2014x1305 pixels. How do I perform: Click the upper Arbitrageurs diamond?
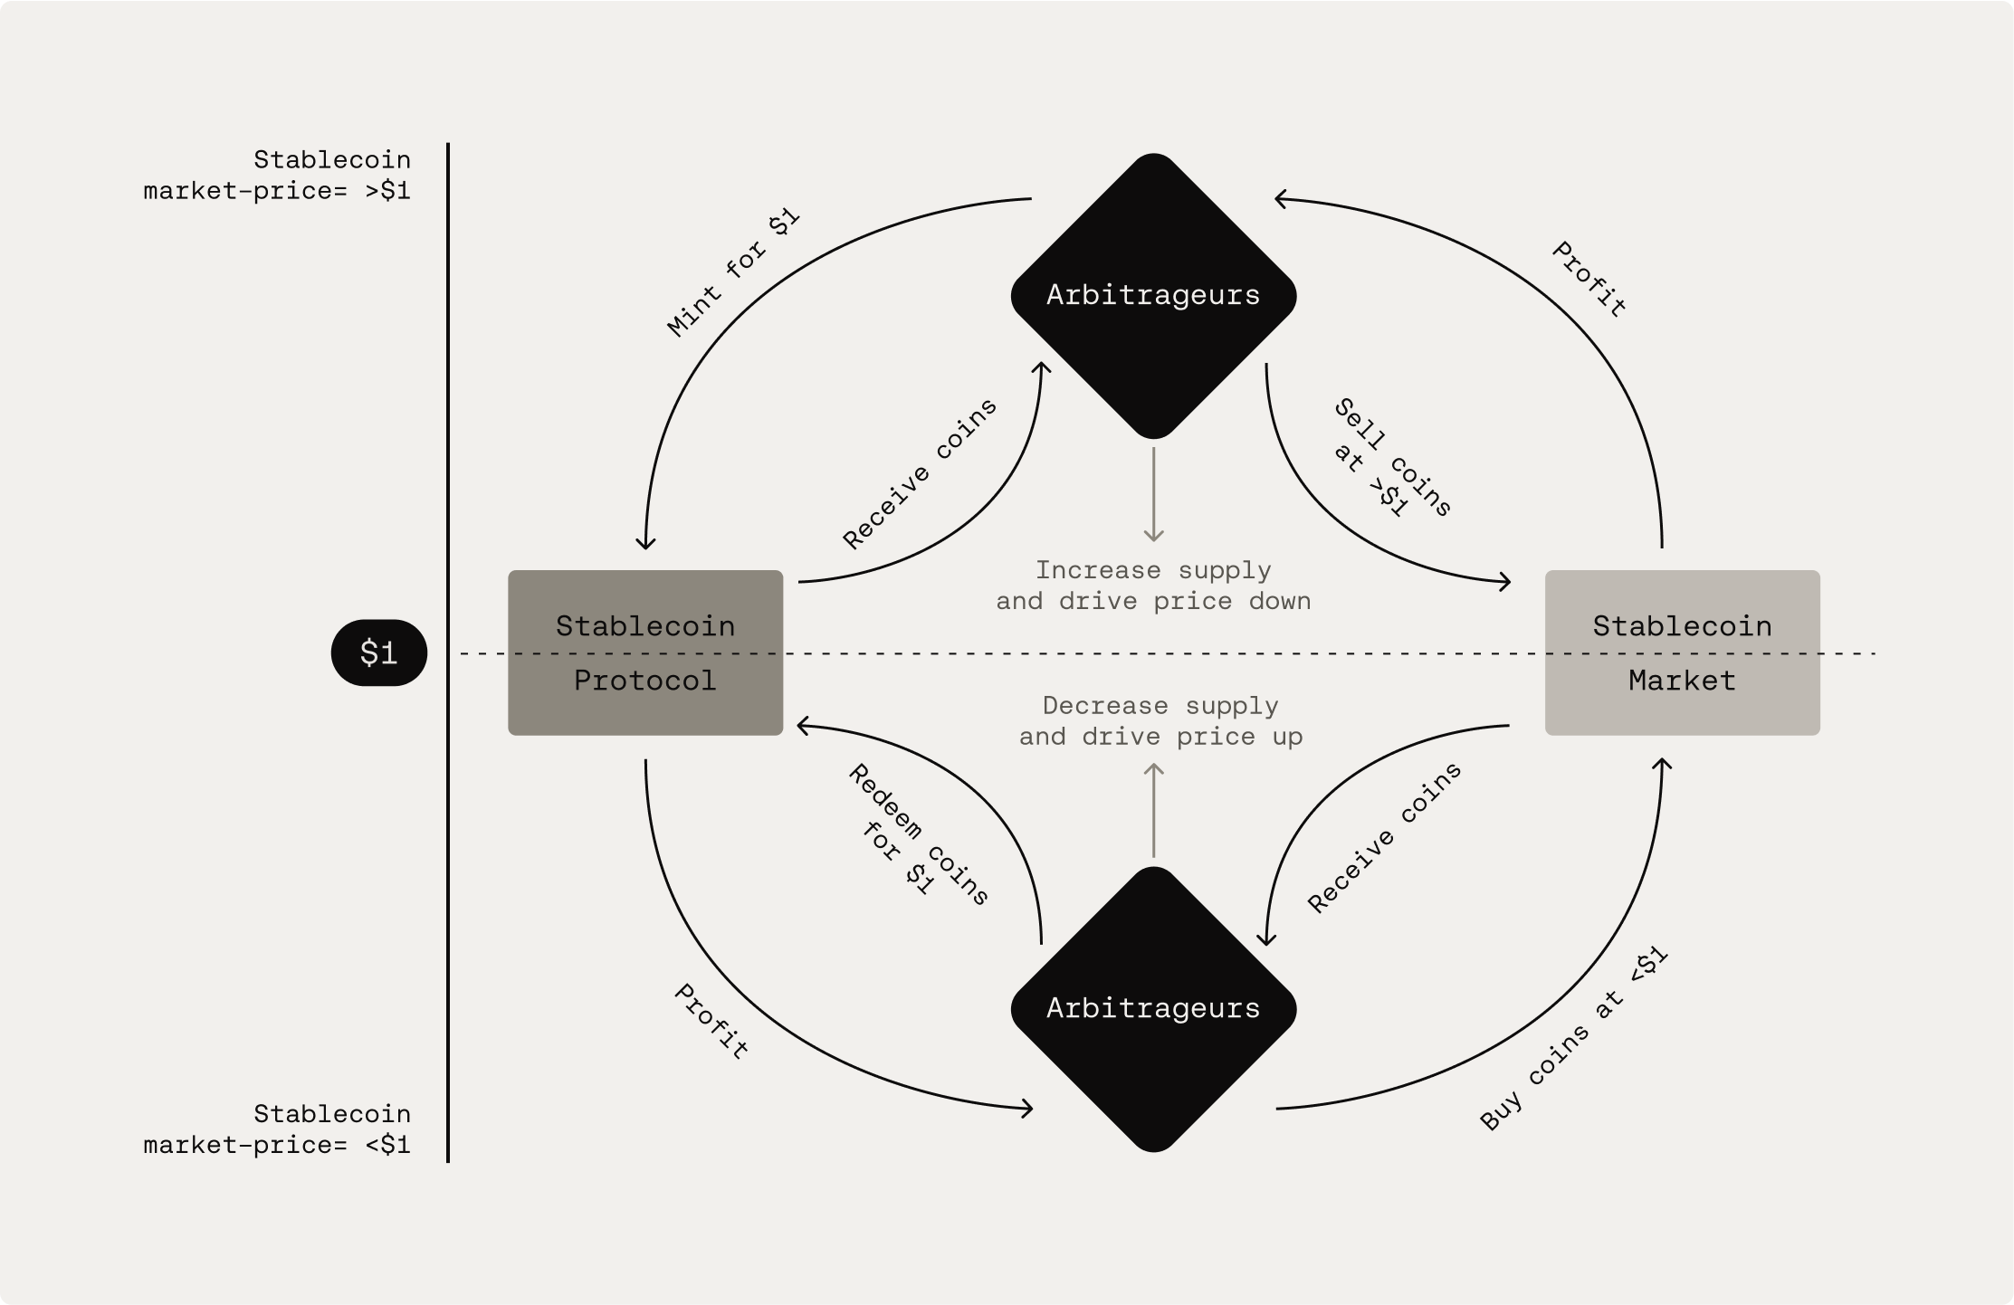(x=1153, y=296)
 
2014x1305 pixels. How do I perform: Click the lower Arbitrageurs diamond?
(x=1153, y=1009)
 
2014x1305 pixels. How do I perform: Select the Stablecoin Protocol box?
(x=645, y=652)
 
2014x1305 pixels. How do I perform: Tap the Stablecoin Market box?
(x=1682, y=652)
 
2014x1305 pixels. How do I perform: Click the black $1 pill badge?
(x=378, y=652)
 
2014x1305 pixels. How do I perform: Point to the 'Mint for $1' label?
(x=733, y=272)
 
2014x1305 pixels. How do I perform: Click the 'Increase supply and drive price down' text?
(x=1153, y=586)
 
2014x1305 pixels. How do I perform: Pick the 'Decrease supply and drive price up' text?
(x=1160, y=721)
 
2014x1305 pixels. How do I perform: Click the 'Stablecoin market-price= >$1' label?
(x=277, y=176)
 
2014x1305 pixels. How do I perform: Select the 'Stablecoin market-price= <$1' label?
(x=277, y=1129)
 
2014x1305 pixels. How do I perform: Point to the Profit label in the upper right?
(x=1589, y=279)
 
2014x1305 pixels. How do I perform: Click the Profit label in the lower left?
(x=711, y=1022)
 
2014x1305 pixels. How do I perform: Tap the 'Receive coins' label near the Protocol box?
(x=920, y=473)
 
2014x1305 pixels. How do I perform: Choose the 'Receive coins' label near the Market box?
(x=1384, y=837)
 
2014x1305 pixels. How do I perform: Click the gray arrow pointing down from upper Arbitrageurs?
(x=1153, y=494)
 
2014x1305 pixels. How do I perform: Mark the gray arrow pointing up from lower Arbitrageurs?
(x=1153, y=810)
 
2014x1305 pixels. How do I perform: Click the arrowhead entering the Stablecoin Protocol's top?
(x=645, y=543)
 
